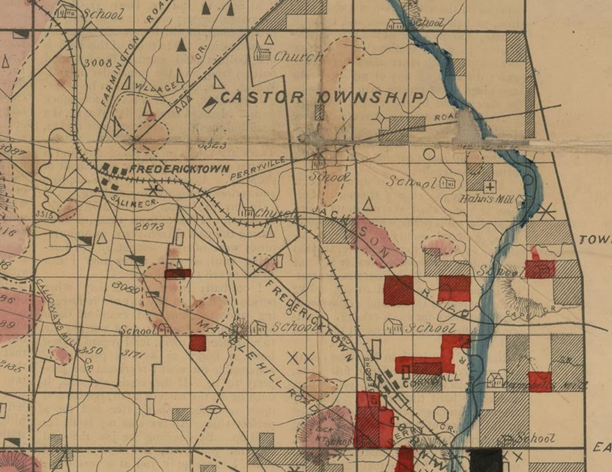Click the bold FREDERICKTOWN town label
coord(179,169)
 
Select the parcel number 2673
coord(149,227)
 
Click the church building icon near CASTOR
coord(262,49)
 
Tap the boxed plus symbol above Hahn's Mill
coord(489,187)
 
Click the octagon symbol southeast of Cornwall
coord(441,415)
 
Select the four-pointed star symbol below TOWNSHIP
coord(381,116)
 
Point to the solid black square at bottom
coord(485,460)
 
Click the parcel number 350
coord(90,351)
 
